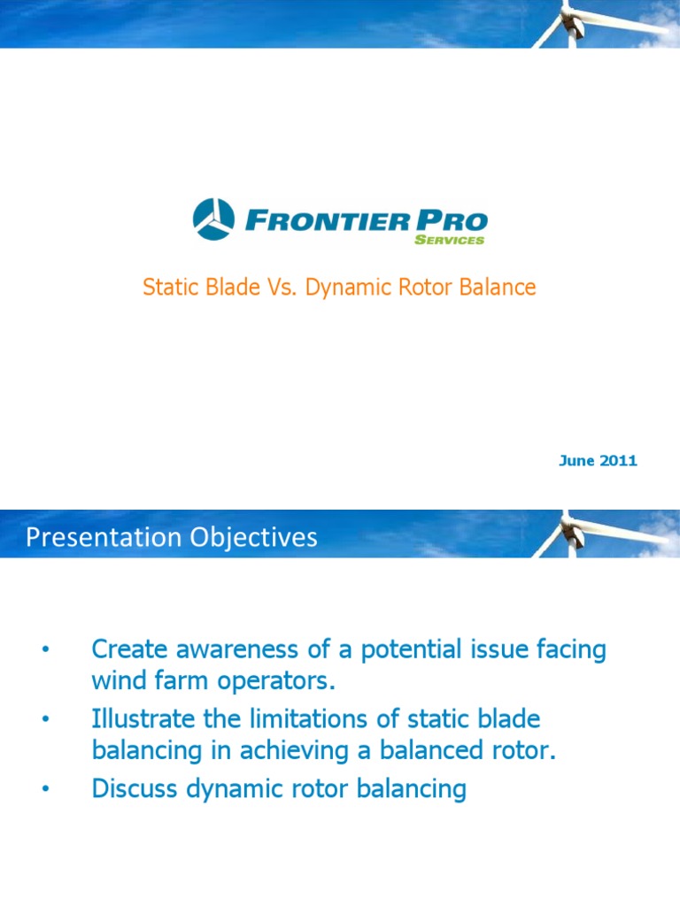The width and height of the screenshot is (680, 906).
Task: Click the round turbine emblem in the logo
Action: click(x=213, y=219)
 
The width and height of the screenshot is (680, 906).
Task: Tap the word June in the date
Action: click(x=576, y=461)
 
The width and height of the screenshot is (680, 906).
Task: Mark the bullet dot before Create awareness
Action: click(x=44, y=651)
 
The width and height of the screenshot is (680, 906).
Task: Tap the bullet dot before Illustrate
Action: click(x=44, y=720)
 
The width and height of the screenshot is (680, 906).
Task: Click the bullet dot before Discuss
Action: click(x=44, y=789)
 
